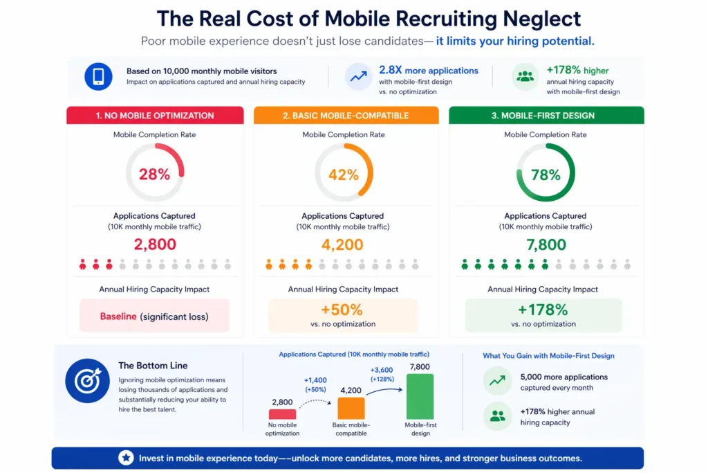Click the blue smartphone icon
[98, 76]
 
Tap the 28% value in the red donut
[154, 175]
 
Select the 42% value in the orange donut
[344, 175]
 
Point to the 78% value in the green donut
[546, 175]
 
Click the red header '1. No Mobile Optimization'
[155, 116]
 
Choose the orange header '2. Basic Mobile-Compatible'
[346, 116]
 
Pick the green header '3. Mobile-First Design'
[546, 116]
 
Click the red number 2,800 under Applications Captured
[155, 244]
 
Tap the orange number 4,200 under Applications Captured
[342, 244]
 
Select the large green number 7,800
[546, 244]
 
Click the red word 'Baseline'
[118, 316]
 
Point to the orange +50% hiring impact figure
[342, 310]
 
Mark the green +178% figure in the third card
[543, 310]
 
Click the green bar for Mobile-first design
[420, 396]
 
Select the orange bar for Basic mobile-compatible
[351, 408]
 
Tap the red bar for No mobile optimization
[282, 413]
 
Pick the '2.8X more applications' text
[428, 71]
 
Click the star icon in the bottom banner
[126, 458]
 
